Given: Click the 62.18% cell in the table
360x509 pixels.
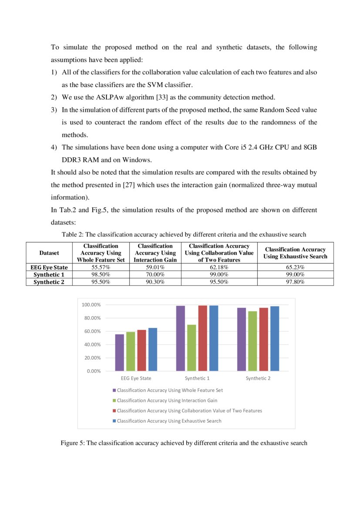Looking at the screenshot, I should pos(219,267).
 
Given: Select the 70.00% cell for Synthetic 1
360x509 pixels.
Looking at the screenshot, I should pos(155,275).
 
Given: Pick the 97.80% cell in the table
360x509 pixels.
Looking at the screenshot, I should pos(295,282).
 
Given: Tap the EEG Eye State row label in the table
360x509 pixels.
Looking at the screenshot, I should pos(49,267).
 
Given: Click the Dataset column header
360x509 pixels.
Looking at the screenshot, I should pos(49,253).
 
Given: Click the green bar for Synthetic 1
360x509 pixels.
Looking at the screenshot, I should pos(192,347).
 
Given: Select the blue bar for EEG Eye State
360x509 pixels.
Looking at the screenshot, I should pos(152,349).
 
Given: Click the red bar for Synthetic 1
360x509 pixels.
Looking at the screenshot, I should pos(202,338).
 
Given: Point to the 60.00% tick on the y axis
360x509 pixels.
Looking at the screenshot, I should pos(92,331).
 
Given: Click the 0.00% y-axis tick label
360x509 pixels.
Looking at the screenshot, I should pos(94,371).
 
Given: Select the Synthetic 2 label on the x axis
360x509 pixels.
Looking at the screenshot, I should pos(258,378).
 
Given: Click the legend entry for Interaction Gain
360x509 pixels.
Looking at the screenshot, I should pos(167,401).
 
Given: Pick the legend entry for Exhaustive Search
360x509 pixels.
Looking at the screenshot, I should pos(169,421).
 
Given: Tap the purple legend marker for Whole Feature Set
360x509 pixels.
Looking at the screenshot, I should pos(114,391).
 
